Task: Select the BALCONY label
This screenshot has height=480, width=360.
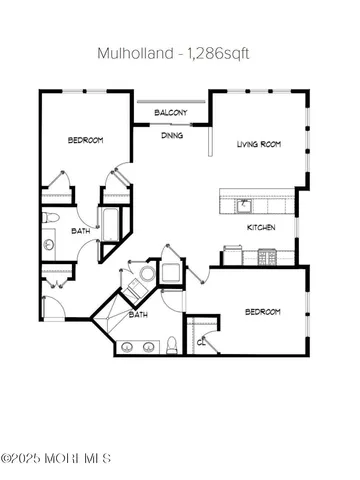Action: coord(171,114)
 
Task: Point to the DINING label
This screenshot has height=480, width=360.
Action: coord(171,135)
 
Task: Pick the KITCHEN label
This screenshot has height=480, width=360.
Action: coord(262,227)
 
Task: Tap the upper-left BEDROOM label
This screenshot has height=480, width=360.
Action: coord(86,140)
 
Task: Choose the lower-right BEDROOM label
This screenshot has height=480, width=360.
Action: coord(262,312)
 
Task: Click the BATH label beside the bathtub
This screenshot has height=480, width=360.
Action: coord(80,230)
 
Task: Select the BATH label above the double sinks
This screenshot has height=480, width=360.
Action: coord(139,314)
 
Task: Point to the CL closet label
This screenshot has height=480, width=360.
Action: coord(201,341)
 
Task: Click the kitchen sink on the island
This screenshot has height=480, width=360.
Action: coord(242,205)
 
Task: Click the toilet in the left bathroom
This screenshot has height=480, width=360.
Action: coord(53,217)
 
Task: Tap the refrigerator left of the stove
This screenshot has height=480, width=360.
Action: coord(229,257)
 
